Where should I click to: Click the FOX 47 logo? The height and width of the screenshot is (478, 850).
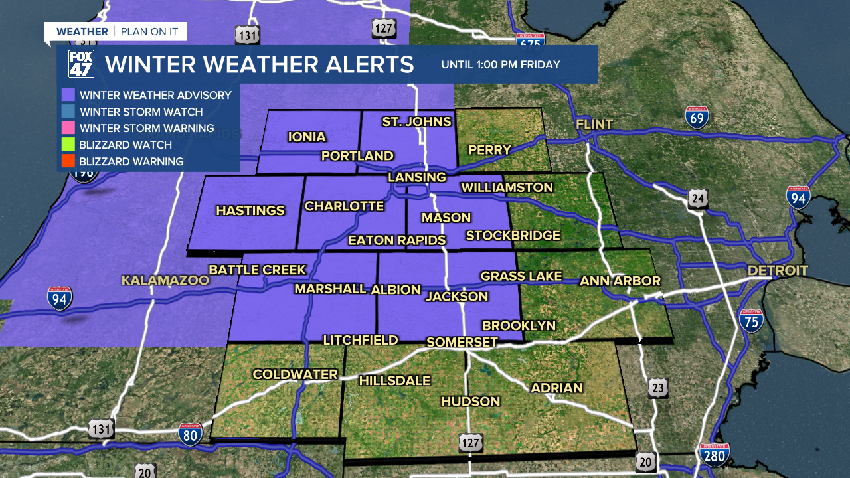[x=81, y=64]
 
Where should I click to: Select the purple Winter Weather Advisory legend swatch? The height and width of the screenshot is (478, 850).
[x=67, y=95]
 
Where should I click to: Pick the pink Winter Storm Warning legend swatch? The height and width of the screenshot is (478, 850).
[x=67, y=128]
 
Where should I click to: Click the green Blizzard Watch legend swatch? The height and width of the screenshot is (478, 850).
[x=67, y=145]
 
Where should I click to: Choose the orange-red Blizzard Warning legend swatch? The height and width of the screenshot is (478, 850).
[x=67, y=161]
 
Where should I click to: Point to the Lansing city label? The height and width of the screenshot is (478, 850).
[x=417, y=177]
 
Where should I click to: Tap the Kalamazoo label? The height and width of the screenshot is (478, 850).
[x=165, y=281]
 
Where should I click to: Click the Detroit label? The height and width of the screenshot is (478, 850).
[x=778, y=270]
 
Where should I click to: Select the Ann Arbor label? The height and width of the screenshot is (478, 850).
[x=620, y=281]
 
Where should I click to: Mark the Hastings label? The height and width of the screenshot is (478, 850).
[x=250, y=211]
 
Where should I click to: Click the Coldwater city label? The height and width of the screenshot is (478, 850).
[x=296, y=375]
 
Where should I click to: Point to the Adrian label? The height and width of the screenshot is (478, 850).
[x=556, y=388]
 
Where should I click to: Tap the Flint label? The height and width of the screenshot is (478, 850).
[x=594, y=125]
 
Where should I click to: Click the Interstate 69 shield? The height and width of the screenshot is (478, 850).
[x=697, y=117]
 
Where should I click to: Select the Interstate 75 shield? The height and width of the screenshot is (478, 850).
[x=751, y=321]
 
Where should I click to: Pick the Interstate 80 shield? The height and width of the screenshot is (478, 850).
[x=190, y=435]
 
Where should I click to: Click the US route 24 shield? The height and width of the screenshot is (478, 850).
[x=698, y=199]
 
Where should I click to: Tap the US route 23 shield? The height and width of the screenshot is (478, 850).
[x=658, y=388]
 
